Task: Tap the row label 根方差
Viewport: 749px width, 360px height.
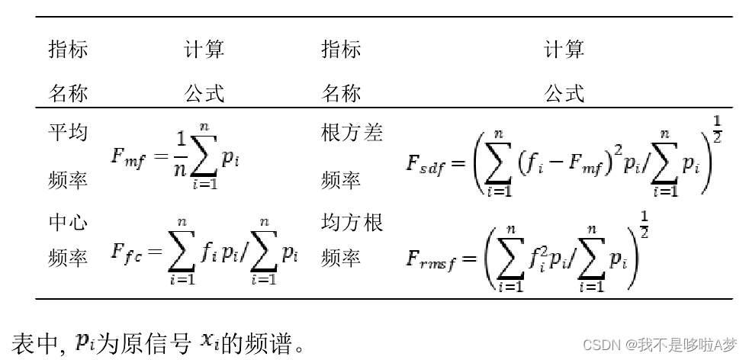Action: [352, 133]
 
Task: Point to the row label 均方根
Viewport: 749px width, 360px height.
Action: [352, 223]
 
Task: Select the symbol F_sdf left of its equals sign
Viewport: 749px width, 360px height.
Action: [425, 164]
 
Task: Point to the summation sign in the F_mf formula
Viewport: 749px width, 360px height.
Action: [204, 159]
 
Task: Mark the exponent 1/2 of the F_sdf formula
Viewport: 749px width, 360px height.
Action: [716, 127]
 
